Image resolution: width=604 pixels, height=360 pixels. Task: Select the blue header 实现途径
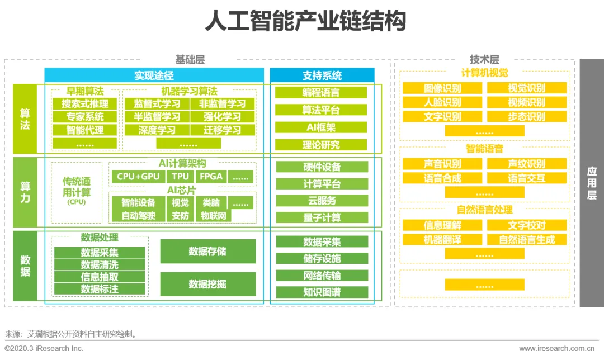pyautogui.click(x=154, y=75)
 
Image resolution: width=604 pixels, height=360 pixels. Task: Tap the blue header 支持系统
pyautogui.click(x=322, y=75)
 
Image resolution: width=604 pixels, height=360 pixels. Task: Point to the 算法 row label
pyautogui.click(x=25, y=119)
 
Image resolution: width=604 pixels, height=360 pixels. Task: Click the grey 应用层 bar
pyautogui.click(x=591, y=183)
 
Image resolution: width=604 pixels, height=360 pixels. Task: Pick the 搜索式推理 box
pyautogui.click(x=85, y=103)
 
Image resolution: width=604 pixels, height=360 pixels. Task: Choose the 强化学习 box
pyautogui.click(x=222, y=117)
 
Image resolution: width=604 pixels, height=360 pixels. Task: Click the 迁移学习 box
pyautogui.click(x=222, y=130)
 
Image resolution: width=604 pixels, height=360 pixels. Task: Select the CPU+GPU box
pyautogui.click(x=138, y=177)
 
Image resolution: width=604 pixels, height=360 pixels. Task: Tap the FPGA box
pyautogui.click(x=211, y=177)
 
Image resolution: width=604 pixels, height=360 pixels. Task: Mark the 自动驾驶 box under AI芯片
pyautogui.click(x=138, y=216)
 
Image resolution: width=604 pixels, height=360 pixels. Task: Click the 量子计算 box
pyautogui.click(x=322, y=217)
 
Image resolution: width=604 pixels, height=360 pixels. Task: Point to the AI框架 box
pyautogui.click(x=322, y=127)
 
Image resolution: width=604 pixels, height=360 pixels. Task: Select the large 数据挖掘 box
pyautogui.click(x=207, y=284)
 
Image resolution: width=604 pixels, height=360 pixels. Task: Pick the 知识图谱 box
pyautogui.click(x=322, y=292)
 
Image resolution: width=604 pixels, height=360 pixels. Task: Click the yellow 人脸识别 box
pyautogui.click(x=442, y=102)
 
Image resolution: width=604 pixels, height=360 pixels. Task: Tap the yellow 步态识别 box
pyautogui.click(x=526, y=117)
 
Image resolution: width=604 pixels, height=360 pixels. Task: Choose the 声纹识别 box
pyautogui.click(x=526, y=164)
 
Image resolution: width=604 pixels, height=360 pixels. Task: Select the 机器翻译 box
pyautogui.click(x=442, y=240)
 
